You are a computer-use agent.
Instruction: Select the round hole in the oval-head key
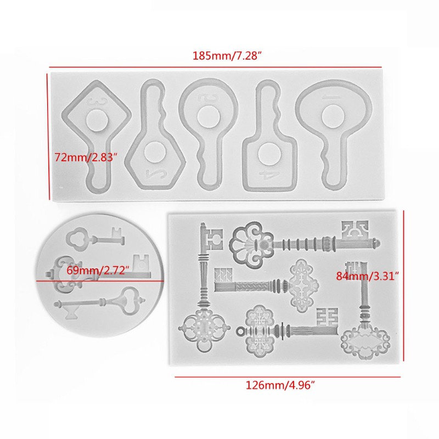pyautogui.click(x=331, y=115)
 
